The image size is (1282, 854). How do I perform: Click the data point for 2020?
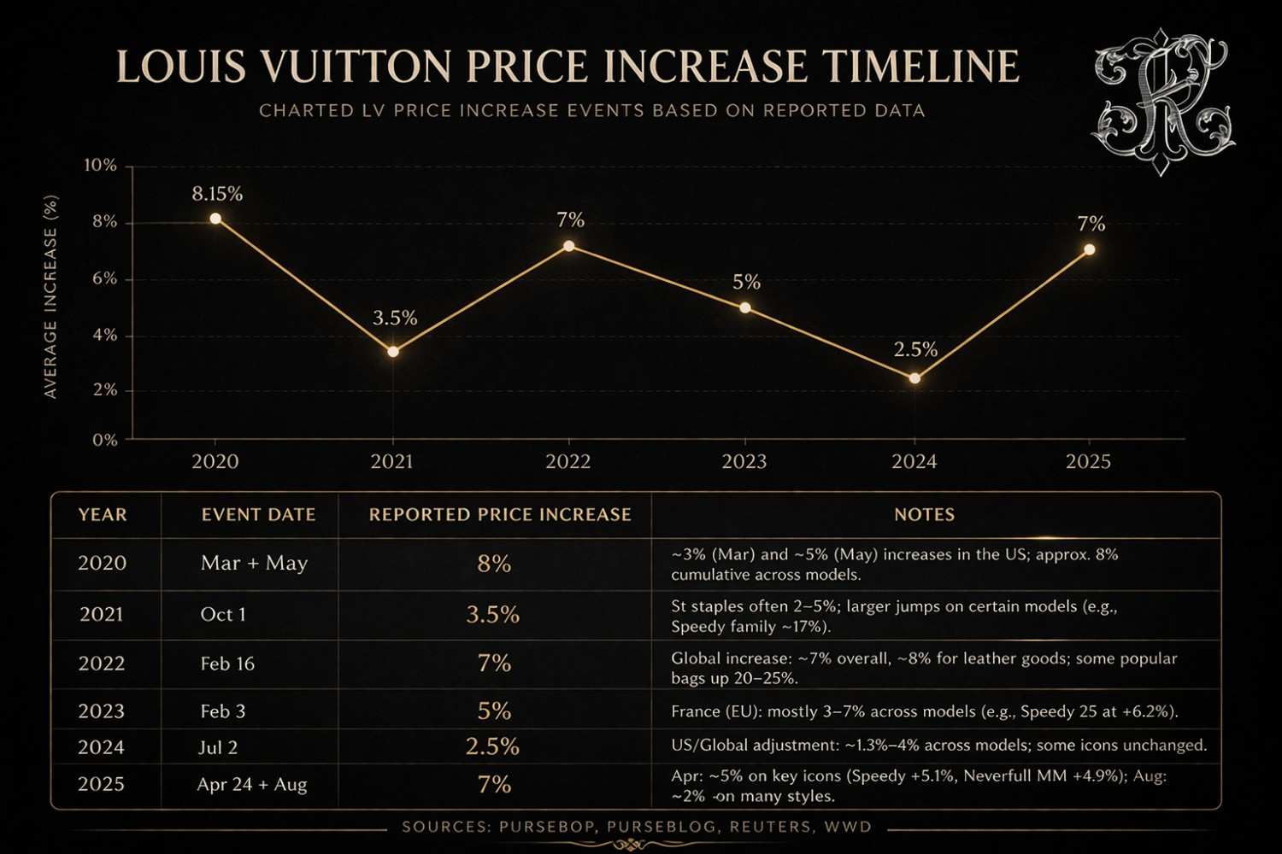click(215, 219)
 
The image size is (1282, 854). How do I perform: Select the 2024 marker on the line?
click(915, 378)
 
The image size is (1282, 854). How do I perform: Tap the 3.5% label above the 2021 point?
click(395, 319)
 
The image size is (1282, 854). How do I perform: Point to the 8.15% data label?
click(217, 194)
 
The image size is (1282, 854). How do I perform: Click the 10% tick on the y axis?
click(101, 166)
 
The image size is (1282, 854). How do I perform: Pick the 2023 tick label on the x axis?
click(744, 462)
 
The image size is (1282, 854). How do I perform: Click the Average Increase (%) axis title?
click(50, 296)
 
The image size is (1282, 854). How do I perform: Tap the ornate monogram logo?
click(1162, 101)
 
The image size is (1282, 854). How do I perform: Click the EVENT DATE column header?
click(258, 515)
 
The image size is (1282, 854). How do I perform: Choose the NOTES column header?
click(924, 515)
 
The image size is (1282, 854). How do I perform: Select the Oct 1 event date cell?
click(223, 615)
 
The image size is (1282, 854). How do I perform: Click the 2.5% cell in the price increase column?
click(492, 746)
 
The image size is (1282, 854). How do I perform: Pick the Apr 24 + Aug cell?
click(252, 784)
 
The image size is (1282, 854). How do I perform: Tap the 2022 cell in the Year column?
click(102, 664)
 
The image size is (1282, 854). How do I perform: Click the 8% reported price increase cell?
click(494, 564)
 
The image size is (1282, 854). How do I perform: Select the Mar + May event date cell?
click(254, 564)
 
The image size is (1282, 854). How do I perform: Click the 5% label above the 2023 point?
click(746, 282)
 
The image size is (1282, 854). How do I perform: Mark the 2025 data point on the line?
click(1090, 250)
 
